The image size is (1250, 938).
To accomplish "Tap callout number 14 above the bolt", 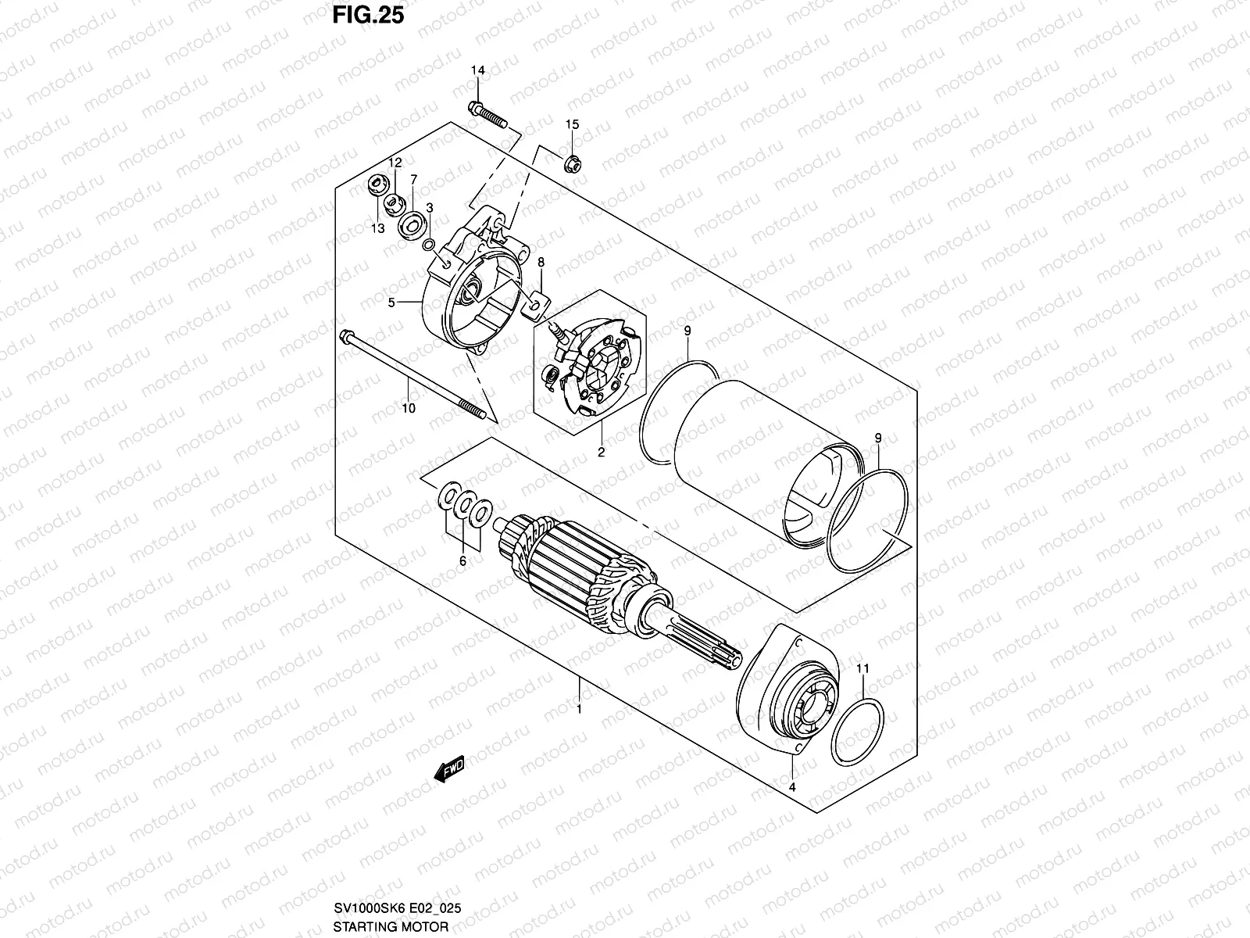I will coord(477,70).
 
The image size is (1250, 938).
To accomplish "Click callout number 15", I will coord(572,125).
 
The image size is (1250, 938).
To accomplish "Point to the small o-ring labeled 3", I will coord(428,245).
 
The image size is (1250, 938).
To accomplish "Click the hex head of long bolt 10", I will coord(345,337).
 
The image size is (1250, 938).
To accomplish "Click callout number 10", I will coord(409,408).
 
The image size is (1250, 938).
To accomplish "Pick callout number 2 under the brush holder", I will coord(601,452).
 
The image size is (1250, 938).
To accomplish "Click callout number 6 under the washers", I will coord(462,561).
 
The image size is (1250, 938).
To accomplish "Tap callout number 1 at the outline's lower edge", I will coord(579,710).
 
